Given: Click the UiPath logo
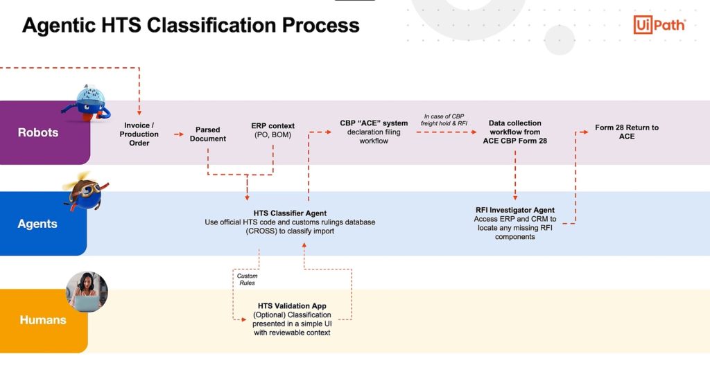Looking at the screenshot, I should (x=659, y=25).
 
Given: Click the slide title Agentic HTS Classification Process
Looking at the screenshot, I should (x=191, y=26).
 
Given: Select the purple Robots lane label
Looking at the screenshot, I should (x=37, y=132).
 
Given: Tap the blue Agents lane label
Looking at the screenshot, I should (x=37, y=224).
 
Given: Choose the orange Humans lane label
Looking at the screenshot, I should (x=42, y=320).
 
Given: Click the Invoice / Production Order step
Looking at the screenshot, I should (x=139, y=134).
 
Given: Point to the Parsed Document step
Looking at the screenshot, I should (x=208, y=134).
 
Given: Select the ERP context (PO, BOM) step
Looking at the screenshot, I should (x=272, y=130).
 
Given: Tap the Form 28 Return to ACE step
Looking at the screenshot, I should (x=627, y=132).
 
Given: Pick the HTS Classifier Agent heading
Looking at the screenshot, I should (x=290, y=213).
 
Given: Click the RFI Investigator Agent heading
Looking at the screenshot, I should (x=514, y=210).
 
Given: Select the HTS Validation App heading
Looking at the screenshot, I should (x=292, y=305).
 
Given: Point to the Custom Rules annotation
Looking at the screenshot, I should (x=247, y=279).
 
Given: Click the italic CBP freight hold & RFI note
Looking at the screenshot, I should (x=444, y=120).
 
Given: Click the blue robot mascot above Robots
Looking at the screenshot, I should (x=86, y=103).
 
